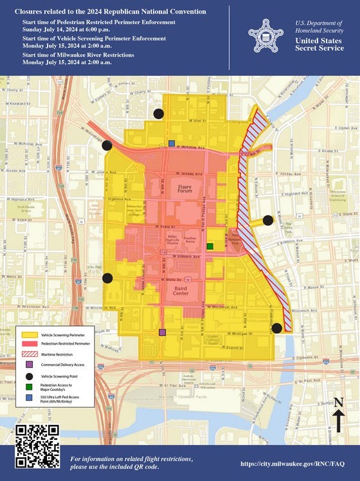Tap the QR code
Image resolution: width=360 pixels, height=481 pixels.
(37, 446)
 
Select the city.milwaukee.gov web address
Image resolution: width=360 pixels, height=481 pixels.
(292, 464)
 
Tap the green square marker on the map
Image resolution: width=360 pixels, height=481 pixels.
(210, 246)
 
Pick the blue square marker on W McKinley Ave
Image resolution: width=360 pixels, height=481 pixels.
(171, 143)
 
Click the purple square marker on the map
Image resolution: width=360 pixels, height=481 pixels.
(162, 332)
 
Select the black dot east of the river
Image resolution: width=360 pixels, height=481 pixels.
(268, 221)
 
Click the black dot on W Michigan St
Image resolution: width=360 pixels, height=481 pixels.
(277, 328)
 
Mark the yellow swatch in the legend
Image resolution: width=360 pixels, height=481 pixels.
(29, 335)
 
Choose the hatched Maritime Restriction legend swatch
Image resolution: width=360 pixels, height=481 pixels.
(29, 354)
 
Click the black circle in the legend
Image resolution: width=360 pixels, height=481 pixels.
(29, 376)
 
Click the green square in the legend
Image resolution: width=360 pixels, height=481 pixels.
(29, 388)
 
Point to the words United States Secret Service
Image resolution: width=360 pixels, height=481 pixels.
(319, 44)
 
